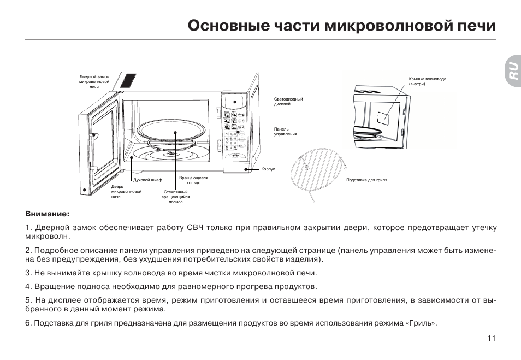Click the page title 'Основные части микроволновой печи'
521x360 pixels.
click(342, 26)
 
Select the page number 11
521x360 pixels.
click(492, 338)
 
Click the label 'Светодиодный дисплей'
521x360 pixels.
click(288, 102)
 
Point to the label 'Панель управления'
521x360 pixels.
click(286, 131)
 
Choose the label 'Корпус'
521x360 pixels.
click(268, 169)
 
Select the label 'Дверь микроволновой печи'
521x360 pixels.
click(126, 191)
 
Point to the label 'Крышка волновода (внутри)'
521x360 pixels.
click(427, 81)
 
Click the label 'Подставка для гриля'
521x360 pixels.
click(366, 180)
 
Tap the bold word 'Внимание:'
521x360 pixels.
click(48, 214)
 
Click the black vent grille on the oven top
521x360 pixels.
click(128, 80)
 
